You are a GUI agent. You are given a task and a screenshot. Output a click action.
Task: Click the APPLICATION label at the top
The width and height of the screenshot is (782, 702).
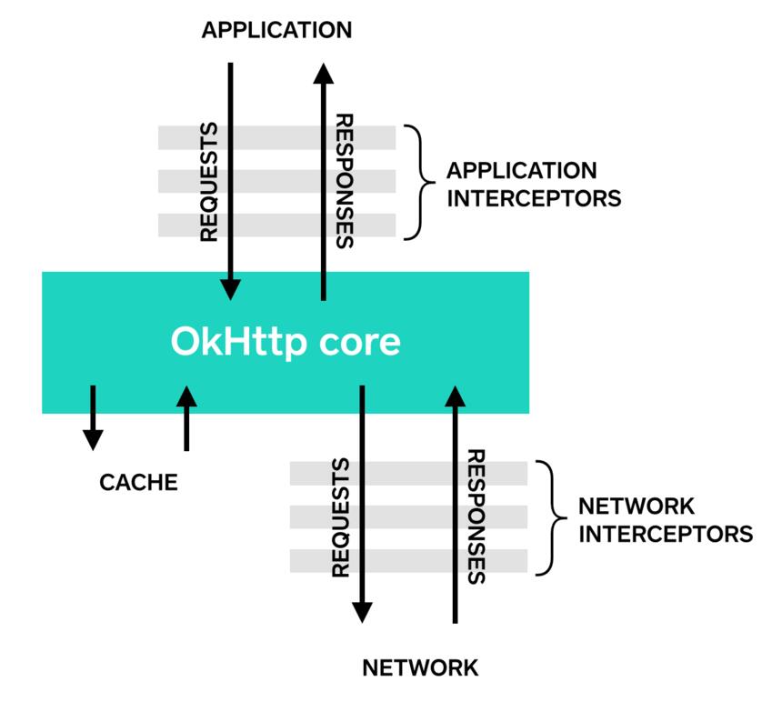click(276, 30)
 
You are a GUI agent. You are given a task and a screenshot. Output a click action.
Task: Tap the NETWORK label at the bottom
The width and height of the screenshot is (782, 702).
click(420, 667)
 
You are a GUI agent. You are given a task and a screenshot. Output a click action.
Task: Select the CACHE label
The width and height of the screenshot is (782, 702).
click(138, 482)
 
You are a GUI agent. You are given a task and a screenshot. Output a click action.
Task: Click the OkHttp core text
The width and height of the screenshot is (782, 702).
click(286, 342)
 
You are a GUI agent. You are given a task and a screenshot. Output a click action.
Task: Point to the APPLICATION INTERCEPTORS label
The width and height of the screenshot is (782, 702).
click(534, 185)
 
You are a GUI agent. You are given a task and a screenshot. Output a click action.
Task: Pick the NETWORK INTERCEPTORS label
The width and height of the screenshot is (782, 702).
click(666, 520)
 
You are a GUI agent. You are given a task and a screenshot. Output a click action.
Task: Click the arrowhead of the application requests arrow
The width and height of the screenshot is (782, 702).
click(230, 290)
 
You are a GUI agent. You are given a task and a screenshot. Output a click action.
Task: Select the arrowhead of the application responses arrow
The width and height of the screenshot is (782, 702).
click(324, 74)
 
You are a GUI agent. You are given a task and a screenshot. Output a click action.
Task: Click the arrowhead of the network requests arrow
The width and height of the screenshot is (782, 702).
click(362, 613)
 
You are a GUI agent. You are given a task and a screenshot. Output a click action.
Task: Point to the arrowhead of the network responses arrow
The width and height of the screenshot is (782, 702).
click(455, 396)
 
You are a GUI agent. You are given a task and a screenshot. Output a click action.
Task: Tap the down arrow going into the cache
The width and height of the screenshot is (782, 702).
click(93, 417)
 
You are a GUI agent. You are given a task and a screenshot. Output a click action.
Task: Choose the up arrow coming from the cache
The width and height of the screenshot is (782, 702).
click(186, 417)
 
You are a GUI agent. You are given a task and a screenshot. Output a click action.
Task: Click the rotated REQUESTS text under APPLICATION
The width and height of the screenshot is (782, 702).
click(209, 183)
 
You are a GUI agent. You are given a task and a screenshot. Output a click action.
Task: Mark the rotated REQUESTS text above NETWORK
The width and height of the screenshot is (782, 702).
click(341, 518)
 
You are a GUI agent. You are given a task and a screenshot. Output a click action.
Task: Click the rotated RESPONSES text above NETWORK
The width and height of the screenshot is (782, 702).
click(476, 517)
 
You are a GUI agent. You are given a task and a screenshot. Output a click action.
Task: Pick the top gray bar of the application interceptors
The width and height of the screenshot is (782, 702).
click(276, 137)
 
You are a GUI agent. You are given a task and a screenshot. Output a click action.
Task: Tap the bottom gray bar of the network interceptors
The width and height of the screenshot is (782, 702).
click(408, 561)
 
